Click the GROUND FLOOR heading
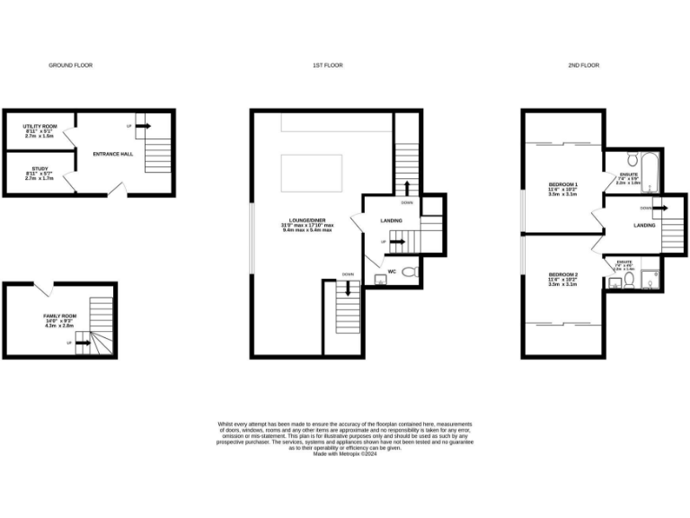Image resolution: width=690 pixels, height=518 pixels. point(70,66)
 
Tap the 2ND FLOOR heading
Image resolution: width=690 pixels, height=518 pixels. point(584,66)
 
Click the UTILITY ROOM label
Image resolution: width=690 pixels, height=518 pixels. point(40,127)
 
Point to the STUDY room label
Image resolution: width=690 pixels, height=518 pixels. point(39,168)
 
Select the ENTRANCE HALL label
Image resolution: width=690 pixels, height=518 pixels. point(112,154)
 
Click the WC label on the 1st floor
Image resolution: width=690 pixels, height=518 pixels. point(392,271)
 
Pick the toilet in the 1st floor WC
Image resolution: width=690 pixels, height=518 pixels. point(410,272)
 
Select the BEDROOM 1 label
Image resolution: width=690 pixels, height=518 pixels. point(563,184)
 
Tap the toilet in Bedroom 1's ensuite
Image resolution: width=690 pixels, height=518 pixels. point(632,161)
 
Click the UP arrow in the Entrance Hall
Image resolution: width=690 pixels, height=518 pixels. point(140,126)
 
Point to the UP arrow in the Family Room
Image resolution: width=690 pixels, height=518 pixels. point(83,343)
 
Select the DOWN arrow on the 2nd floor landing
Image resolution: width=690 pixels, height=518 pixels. point(659,208)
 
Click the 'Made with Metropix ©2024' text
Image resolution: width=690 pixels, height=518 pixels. point(345,454)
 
